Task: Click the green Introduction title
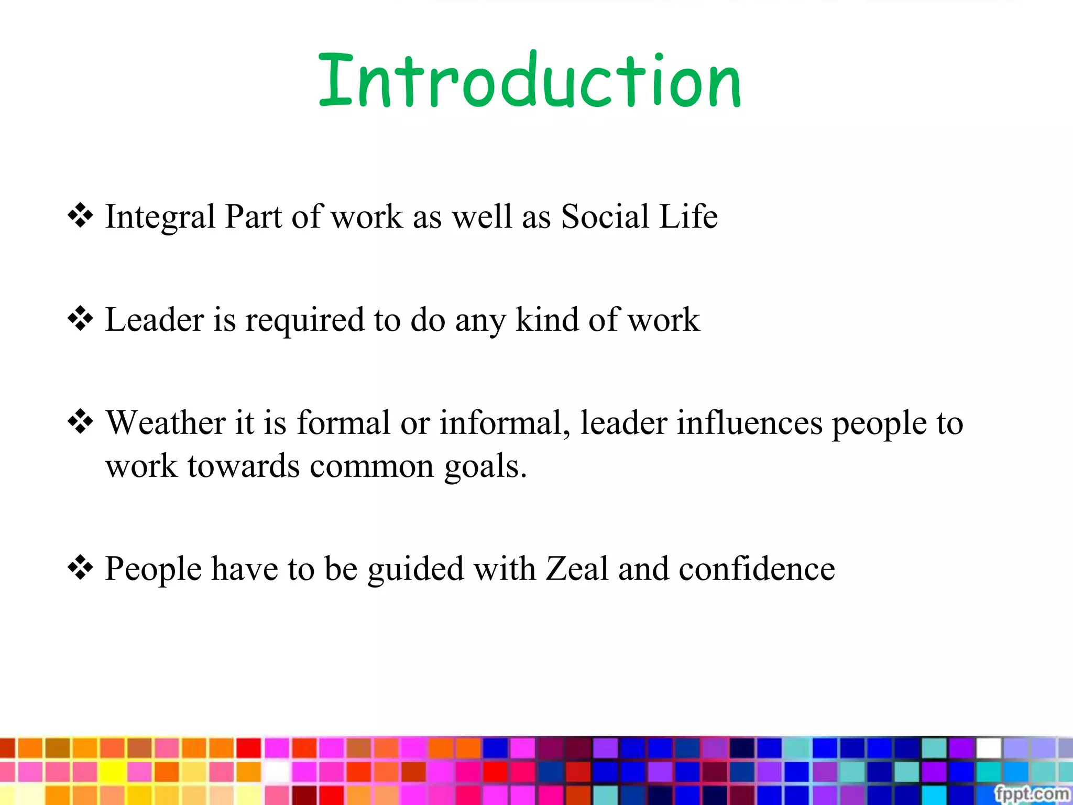(x=529, y=81)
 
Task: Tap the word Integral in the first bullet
(x=160, y=216)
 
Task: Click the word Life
(x=688, y=216)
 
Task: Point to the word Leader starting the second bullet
(x=154, y=320)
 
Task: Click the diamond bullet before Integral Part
(x=80, y=215)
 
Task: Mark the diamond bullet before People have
(x=80, y=568)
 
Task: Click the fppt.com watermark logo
(x=1031, y=793)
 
